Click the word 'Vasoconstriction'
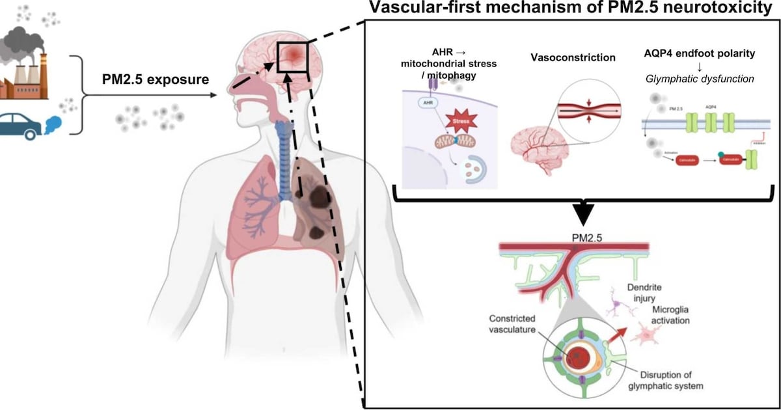click(573, 58)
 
